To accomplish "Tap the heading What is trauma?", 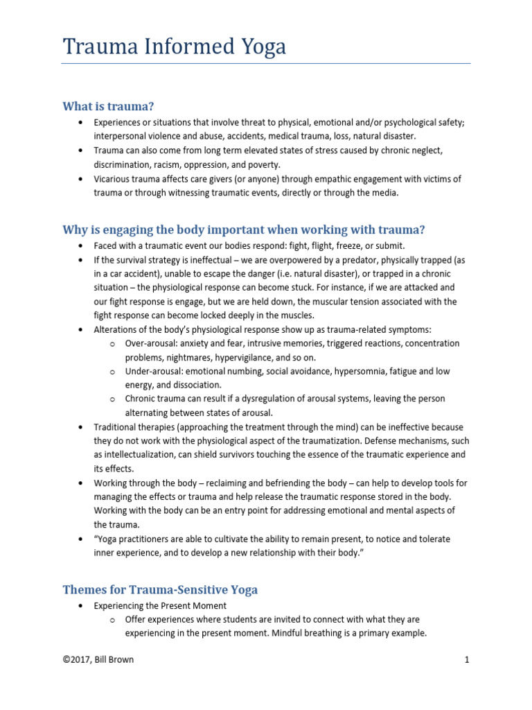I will point(108,106).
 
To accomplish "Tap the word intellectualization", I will point(145,454).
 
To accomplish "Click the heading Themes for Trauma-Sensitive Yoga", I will point(160,589).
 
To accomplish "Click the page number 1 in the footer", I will point(468,659).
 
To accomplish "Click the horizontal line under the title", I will point(266,64).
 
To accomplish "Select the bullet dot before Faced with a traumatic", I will point(80,246).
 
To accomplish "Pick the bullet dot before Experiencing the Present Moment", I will point(80,605).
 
